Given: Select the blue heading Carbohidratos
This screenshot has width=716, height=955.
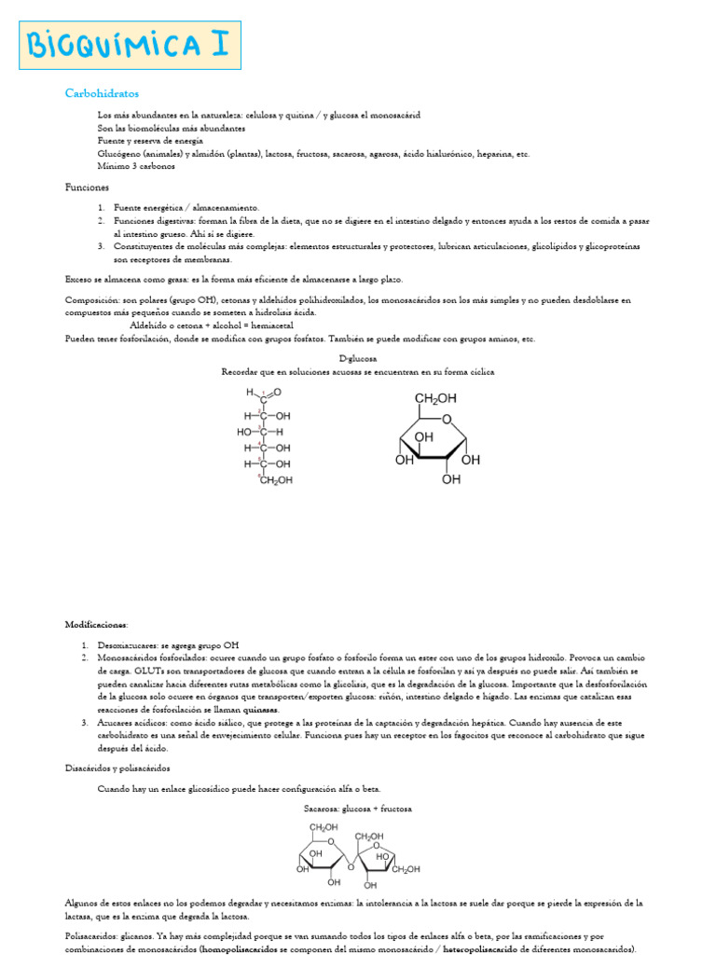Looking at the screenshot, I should [x=102, y=93].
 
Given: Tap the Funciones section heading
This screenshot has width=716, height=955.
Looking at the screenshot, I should [x=87, y=187].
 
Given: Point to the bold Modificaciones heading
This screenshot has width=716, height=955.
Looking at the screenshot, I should [x=97, y=624].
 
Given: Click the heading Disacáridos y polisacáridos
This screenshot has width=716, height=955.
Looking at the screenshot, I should [x=118, y=768].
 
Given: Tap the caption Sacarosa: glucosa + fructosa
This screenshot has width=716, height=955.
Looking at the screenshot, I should [x=357, y=809].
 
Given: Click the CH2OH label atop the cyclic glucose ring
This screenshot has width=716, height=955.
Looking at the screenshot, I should [x=435, y=398].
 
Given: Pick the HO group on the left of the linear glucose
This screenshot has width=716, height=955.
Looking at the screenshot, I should [x=245, y=432].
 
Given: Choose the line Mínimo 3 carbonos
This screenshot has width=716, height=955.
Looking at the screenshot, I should [x=136, y=166].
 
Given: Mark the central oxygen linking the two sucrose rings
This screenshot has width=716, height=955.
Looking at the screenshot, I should [x=350, y=864].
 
